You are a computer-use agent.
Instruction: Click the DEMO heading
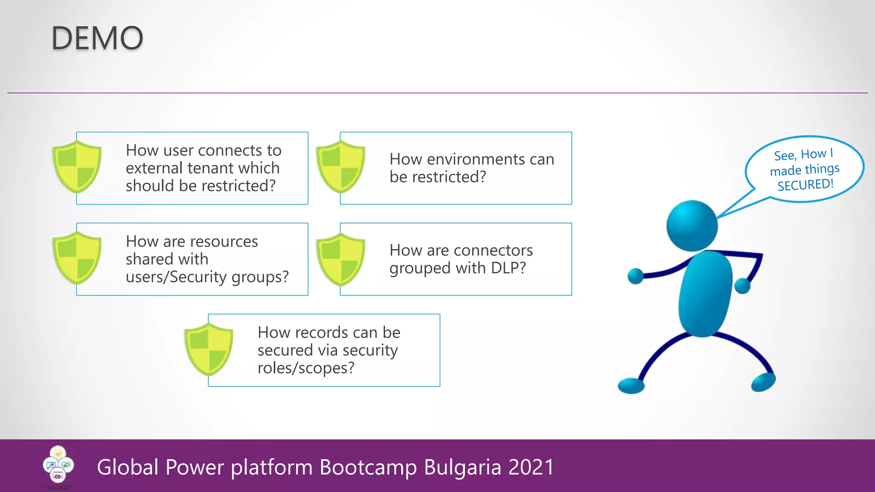tap(97, 38)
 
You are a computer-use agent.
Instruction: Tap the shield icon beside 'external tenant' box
tap(77, 167)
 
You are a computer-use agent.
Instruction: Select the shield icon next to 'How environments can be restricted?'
tap(341, 167)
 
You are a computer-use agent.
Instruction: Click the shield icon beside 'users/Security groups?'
tap(77, 258)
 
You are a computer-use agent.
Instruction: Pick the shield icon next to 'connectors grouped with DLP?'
tap(341, 259)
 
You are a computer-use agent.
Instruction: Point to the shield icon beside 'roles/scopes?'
tap(208, 349)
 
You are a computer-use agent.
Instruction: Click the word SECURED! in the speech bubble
tap(805, 185)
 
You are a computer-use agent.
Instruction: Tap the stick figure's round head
tap(692, 225)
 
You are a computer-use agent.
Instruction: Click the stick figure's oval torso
tap(705, 294)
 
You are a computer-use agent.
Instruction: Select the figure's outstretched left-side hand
tap(635, 276)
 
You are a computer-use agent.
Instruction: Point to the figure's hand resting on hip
tap(743, 285)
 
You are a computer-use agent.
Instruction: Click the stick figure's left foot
tap(631, 386)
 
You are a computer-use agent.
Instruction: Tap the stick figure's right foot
tap(763, 382)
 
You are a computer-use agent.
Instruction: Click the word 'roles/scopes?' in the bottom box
tap(306, 368)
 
